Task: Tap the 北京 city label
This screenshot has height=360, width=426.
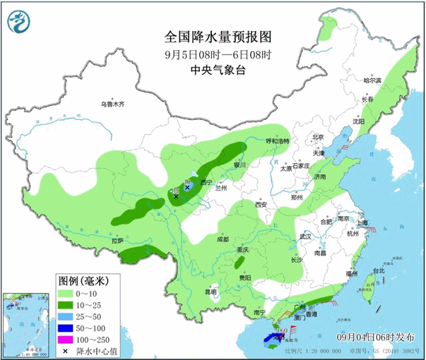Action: [318, 138]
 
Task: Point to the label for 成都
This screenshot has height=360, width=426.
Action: [223, 239]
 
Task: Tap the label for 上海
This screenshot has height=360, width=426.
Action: [362, 222]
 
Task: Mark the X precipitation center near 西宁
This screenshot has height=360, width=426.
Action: [176, 197]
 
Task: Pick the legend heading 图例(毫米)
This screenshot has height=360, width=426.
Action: [84, 280]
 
